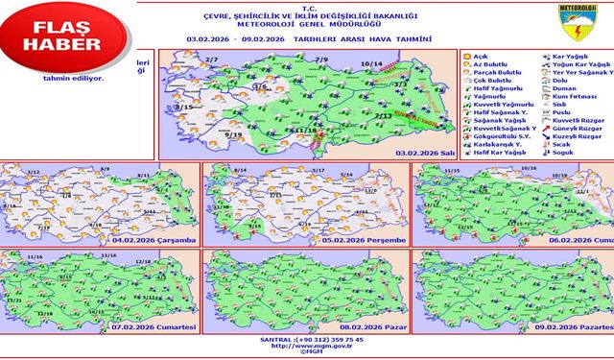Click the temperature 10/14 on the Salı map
[x=371, y=64]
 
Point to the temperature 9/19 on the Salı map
[x=232, y=136]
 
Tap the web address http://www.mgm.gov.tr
[x=309, y=348]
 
